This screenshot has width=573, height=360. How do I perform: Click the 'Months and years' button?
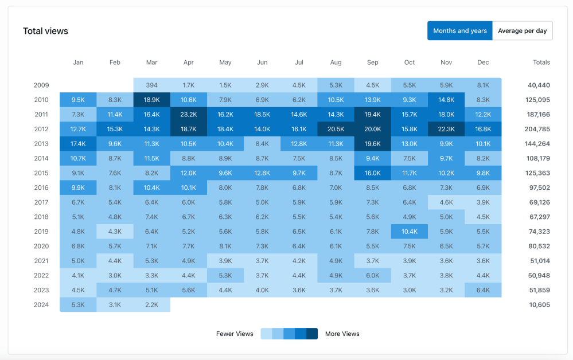[x=459, y=31]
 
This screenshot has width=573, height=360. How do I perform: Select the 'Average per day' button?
[x=522, y=31]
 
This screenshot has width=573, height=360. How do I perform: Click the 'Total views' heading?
[x=45, y=31]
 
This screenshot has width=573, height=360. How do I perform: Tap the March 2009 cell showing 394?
[x=151, y=85]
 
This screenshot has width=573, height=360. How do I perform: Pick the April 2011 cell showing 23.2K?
[x=188, y=115]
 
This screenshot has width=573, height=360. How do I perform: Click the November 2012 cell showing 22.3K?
[x=446, y=129]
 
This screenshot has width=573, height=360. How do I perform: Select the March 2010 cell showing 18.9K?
[x=151, y=100]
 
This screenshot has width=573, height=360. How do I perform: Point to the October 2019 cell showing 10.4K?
[x=410, y=232]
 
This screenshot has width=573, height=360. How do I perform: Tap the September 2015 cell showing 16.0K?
[x=372, y=173]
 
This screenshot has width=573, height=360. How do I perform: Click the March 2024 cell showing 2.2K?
[x=151, y=304]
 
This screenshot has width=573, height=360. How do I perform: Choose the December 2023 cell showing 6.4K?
[x=483, y=290]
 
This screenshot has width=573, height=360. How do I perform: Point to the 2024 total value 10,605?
[x=539, y=304]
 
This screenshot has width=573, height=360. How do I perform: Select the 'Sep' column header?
[x=372, y=62]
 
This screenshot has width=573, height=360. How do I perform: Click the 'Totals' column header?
[x=541, y=62]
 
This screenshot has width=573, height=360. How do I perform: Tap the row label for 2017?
[x=41, y=202]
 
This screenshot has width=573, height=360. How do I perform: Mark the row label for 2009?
[x=41, y=85]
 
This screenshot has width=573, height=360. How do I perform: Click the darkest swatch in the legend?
[x=312, y=334]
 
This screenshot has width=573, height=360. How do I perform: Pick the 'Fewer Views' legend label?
[x=235, y=334]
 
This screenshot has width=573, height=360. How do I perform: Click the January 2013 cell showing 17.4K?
[x=78, y=144]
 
